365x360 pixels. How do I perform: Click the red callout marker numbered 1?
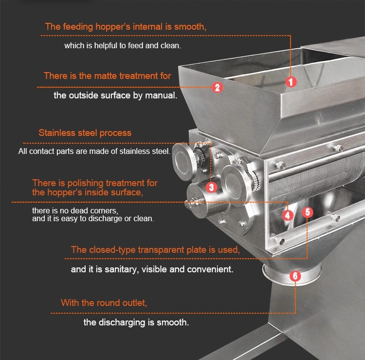coord(291,82)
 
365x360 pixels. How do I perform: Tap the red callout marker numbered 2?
coord(218,88)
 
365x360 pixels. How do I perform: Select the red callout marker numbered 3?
coord(211,187)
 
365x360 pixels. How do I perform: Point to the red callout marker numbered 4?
coord(288,215)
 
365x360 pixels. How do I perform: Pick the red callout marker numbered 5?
coord(308,212)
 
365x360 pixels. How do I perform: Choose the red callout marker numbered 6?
coord(295,276)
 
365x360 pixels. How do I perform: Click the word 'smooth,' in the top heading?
coord(190,27)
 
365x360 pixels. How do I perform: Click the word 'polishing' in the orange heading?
coord(85,183)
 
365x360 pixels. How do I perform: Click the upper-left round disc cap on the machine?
coord(184,161)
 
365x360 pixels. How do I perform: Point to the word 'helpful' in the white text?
coord(106,46)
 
